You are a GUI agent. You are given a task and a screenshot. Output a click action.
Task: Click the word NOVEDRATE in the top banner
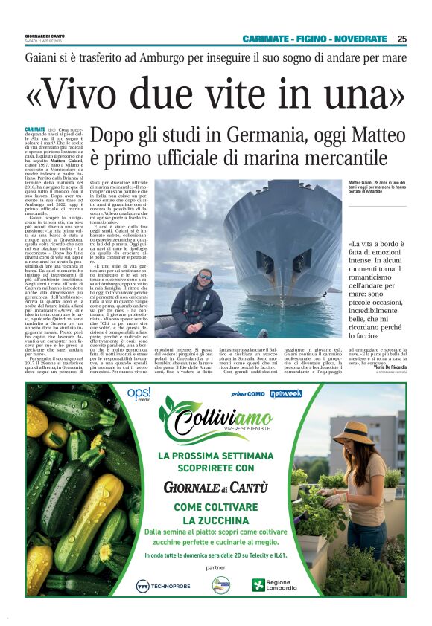click(x=361, y=39)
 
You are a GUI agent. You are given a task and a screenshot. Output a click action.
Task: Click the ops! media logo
click(x=139, y=393)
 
